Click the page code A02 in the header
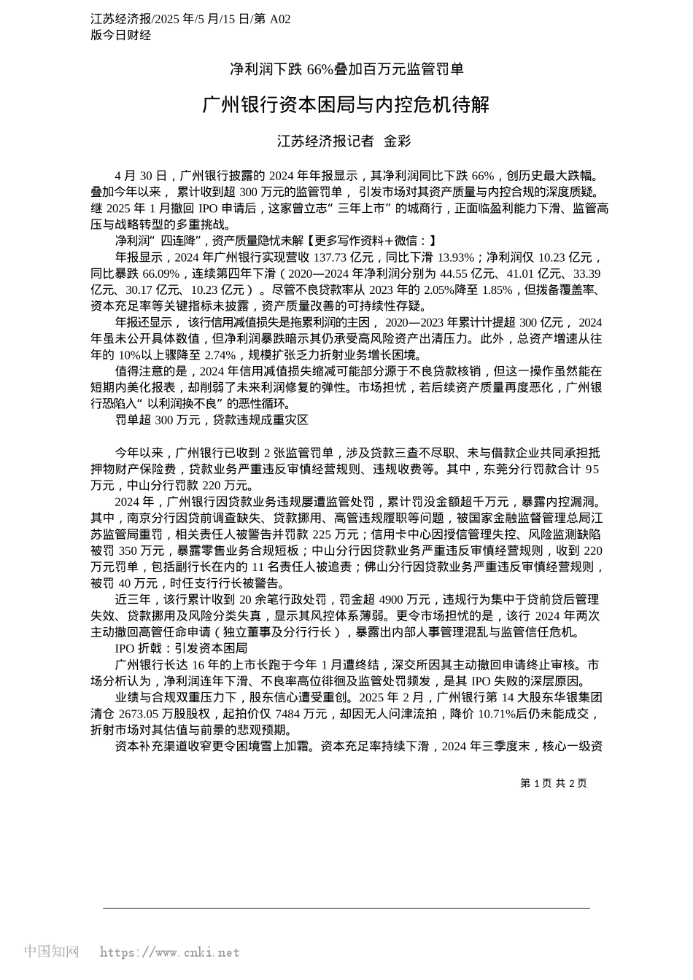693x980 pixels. (x=279, y=20)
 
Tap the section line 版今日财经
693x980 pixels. (x=120, y=35)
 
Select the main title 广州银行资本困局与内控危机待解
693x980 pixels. (x=346, y=105)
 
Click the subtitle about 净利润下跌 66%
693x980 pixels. (x=346, y=69)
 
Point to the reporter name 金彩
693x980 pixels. (x=398, y=141)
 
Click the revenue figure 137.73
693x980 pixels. (x=330, y=257)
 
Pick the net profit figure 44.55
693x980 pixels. (x=454, y=273)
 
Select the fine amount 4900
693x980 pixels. (x=414, y=599)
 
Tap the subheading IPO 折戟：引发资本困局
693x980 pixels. (x=181, y=648)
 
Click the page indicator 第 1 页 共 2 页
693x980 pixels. (x=553, y=783)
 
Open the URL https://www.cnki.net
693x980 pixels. (x=169, y=952)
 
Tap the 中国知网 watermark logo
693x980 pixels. (x=52, y=952)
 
